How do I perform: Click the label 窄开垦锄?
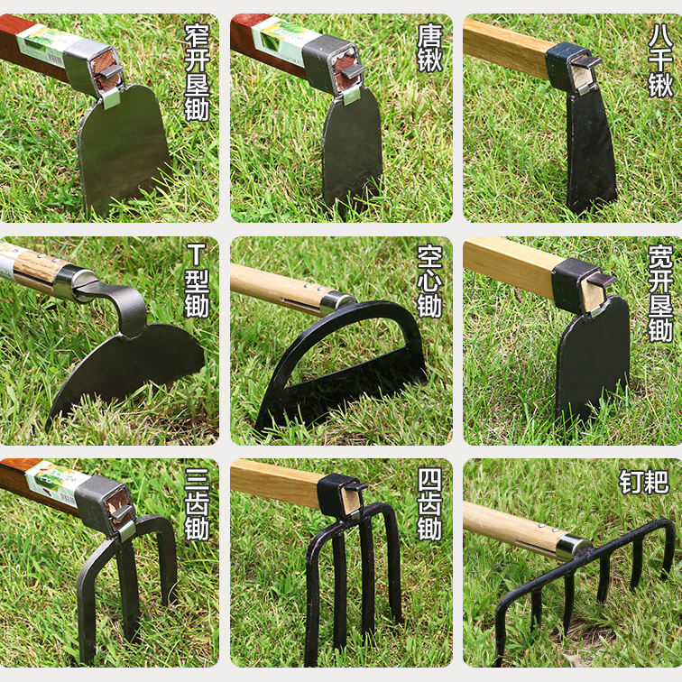pos(197,73)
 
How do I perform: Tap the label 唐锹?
pos(429,48)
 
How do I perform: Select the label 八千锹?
pos(660,60)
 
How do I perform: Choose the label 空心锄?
pos(429,281)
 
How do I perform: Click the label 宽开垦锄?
pos(660,293)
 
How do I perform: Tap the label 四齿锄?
pos(429,502)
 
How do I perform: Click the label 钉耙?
pos(644,481)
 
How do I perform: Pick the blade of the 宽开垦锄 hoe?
pos(592,356)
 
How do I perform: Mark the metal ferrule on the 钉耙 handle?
pos(571,544)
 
